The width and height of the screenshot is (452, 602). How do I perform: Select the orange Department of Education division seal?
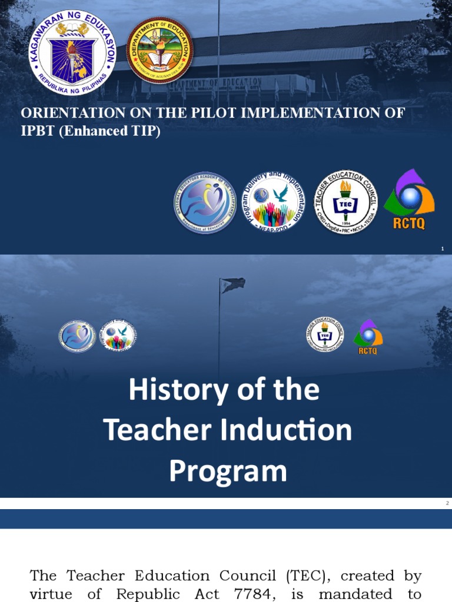159,50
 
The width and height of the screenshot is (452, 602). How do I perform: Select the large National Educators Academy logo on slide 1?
205,203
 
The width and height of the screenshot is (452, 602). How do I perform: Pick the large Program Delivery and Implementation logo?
276,203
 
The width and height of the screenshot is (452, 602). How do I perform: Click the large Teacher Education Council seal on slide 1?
345,203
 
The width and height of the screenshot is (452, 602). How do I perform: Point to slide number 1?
442,249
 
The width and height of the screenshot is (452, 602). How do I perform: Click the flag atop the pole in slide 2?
233,285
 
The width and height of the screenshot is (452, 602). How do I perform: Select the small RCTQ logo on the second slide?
368,337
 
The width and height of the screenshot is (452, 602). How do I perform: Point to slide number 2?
447,503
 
